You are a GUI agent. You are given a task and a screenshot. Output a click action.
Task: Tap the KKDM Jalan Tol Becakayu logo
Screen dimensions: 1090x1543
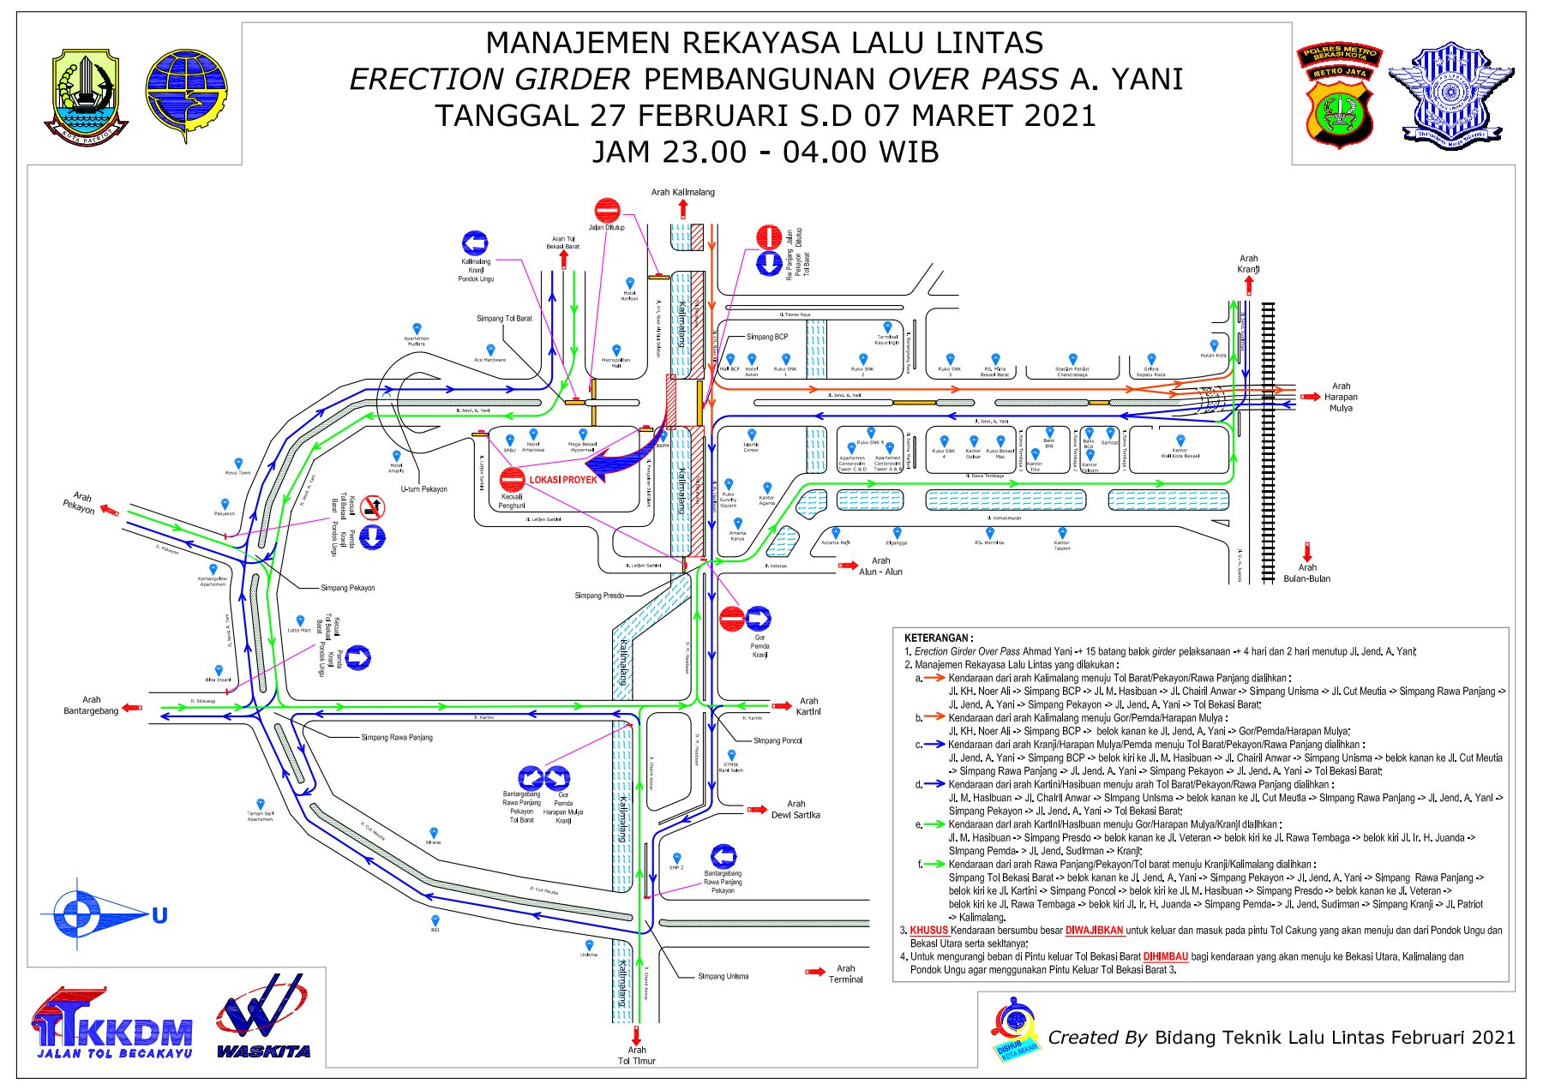tap(112, 1023)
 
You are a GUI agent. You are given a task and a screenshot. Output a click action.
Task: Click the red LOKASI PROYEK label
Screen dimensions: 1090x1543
tap(562, 480)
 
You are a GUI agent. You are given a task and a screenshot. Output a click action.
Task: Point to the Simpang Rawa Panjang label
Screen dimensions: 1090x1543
tap(397, 737)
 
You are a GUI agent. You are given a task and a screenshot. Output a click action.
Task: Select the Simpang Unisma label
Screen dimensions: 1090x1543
tap(723, 976)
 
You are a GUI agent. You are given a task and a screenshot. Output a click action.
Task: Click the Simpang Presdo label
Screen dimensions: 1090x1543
tap(599, 596)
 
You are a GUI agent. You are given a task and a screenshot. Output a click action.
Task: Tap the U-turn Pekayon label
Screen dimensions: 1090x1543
tap(423, 489)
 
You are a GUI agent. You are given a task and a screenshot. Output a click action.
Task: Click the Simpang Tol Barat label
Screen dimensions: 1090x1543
tap(504, 319)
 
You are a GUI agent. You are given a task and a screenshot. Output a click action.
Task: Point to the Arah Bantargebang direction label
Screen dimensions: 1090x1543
tap(91, 705)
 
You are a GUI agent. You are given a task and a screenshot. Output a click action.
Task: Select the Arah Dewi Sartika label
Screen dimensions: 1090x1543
tap(796, 810)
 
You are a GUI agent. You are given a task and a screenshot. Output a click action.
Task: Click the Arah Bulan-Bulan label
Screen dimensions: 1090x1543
tap(1306, 573)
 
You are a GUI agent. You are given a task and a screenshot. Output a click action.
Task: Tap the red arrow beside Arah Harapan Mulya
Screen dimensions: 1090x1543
tap(1310, 397)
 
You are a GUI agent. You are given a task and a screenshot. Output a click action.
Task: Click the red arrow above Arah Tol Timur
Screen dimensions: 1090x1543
tap(637, 1034)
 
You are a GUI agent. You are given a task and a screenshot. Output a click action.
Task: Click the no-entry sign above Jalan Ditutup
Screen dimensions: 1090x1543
tap(607, 209)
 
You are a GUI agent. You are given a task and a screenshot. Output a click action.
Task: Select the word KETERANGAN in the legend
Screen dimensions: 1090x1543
tap(938, 638)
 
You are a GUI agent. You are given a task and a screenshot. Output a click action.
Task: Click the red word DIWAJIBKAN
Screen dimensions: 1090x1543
tap(1094, 931)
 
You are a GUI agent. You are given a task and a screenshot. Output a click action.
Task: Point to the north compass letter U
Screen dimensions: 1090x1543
tap(159, 916)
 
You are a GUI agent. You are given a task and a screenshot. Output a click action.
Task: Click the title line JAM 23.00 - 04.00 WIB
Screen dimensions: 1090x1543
tap(765, 152)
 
